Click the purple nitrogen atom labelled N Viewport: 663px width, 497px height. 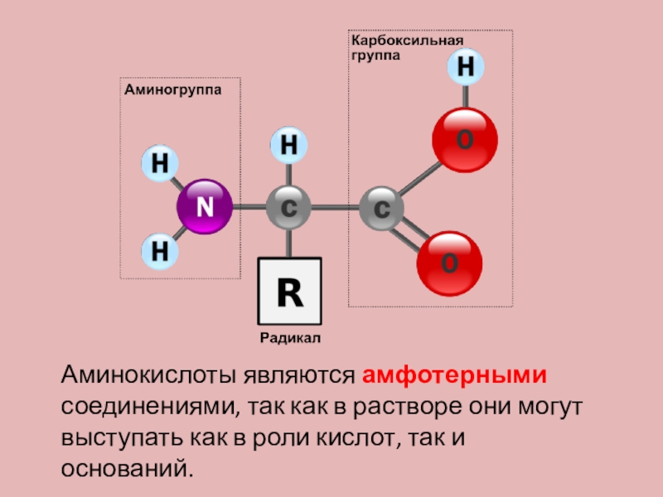(204, 207)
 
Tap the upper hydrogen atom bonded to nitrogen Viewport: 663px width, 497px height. (158, 164)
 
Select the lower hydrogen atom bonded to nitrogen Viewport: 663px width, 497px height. (158, 250)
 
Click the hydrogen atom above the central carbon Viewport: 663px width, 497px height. (289, 146)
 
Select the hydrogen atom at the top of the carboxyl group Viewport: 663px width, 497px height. (466, 67)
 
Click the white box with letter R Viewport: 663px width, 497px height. (289, 291)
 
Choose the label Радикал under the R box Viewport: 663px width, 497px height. (289, 338)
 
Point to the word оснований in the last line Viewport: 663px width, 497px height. (126, 469)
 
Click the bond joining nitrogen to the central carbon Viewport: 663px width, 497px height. (248, 207)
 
